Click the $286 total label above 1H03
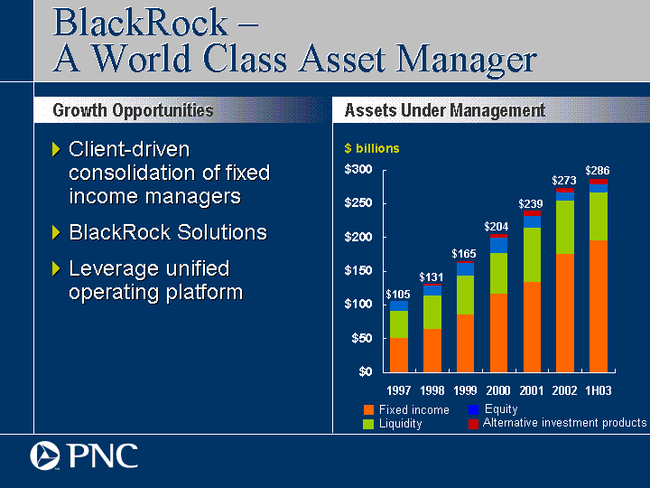(x=598, y=171)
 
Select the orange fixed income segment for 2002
(x=565, y=313)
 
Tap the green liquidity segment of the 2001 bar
(x=532, y=255)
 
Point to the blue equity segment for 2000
(x=498, y=245)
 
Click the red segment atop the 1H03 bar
(x=599, y=182)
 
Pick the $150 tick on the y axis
(x=358, y=270)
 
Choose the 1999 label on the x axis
(x=465, y=390)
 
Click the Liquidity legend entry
(x=393, y=424)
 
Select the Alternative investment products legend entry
(x=558, y=423)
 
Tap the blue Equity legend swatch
(x=473, y=409)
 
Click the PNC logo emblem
(x=45, y=455)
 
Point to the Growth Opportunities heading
(x=133, y=110)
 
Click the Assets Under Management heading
(x=445, y=110)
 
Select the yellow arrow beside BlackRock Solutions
(x=56, y=232)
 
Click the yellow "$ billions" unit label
(x=372, y=148)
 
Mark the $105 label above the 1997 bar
(x=398, y=295)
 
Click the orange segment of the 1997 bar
(x=399, y=355)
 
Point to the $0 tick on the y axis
(x=366, y=371)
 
